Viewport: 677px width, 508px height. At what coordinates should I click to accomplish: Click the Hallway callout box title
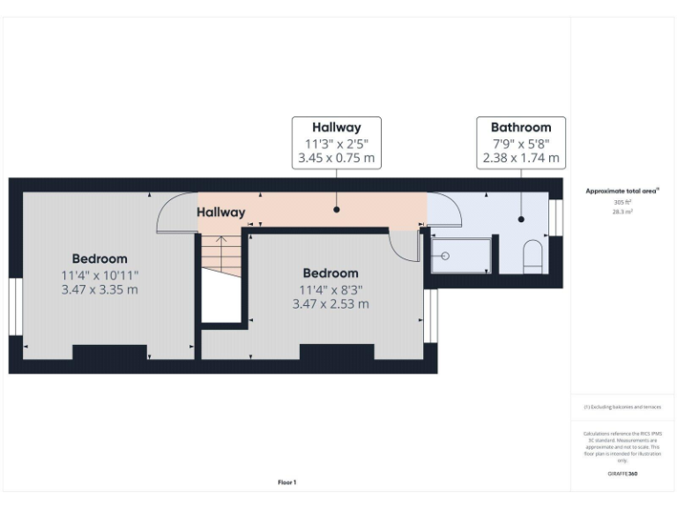click(x=337, y=128)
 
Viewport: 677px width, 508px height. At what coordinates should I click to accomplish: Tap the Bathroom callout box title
click(x=521, y=128)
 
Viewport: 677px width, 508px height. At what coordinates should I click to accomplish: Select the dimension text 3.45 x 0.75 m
click(x=337, y=159)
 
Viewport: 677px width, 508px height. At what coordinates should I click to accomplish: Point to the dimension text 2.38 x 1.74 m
click(x=521, y=159)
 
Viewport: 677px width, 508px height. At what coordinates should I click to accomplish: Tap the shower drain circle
click(x=445, y=256)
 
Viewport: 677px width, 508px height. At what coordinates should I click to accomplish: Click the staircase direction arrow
click(x=220, y=239)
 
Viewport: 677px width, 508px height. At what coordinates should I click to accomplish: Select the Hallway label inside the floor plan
click(x=220, y=213)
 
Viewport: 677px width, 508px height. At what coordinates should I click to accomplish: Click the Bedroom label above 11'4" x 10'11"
click(x=100, y=259)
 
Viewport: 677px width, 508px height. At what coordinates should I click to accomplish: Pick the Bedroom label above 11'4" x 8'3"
click(x=330, y=273)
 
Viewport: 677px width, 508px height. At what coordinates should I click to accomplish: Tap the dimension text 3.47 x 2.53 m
click(x=330, y=303)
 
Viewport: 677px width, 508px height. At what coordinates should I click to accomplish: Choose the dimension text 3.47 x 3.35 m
click(x=100, y=289)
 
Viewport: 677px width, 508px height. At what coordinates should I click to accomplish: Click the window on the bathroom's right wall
click(x=555, y=218)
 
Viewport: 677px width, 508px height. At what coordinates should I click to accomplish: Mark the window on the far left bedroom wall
click(x=15, y=308)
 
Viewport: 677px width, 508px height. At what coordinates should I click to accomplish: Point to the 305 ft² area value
click(x=622, y=202)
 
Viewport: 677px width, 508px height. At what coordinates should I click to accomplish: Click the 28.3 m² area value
click(x=622, y=212)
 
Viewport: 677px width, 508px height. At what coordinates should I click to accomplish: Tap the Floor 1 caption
click(x=287, y=482)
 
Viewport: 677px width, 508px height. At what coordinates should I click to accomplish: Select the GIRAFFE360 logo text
click(x=622, y=474)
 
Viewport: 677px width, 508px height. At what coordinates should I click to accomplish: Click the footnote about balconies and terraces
click(x=622, y=407)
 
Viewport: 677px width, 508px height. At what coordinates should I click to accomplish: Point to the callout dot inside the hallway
click(x=337, y=210)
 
